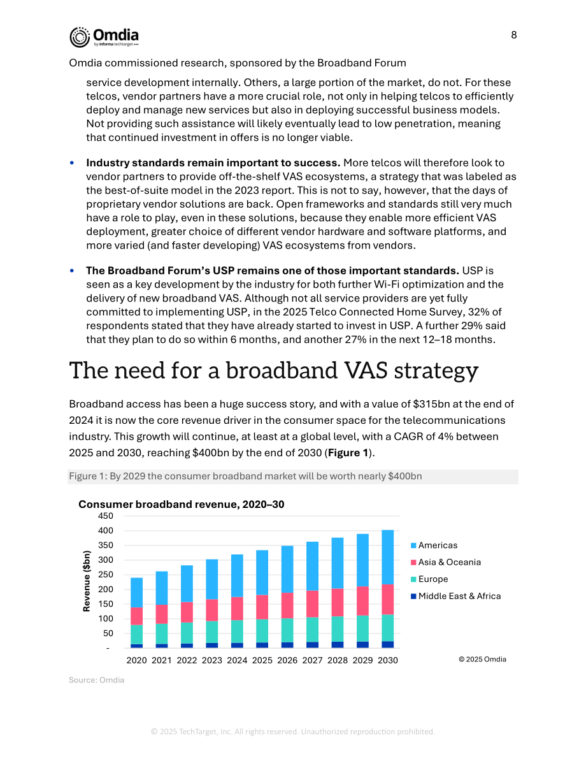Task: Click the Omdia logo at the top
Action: pyautogui.click(x=104, y=37)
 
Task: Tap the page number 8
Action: pyautogui.click(x=514, y=35)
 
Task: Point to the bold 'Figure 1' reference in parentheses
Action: pyautogui.click(x=348, y=452)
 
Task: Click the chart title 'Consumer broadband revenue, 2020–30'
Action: pyautogui.click(x=182, y=504)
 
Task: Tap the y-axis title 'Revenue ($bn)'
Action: pyautogui.click(x=87, y=581)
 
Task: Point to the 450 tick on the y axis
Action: pyautogui.click(x=106, y=516)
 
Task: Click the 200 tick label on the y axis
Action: pyautogui.click(x=106, y=589)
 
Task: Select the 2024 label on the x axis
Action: pyautogui.click(x=237, y=660)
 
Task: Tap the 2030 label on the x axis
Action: pyautogui.click(x=388, y=660)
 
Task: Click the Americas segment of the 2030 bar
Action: pyautogui.click(x=388, y=557)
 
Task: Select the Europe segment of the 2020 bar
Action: pyautogui.click(x=136, y=635)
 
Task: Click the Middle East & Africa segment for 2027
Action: pyautogui.click(x=313, y=645)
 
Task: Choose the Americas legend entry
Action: pyautogui.click(x=434, y=546)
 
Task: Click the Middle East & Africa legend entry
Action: pyautogui.click(x=456, y=596)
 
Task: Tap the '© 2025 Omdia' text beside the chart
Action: pyautogui.click(x=482, y=660)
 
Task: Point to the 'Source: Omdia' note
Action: pyautogui.click(x=97, y=680)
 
